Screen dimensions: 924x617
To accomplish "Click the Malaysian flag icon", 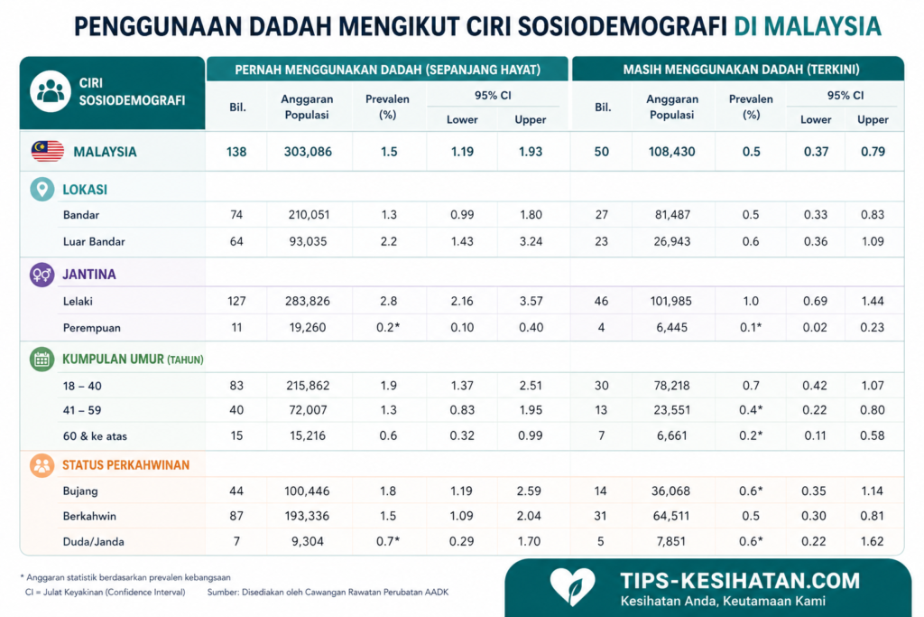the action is click(48, 152).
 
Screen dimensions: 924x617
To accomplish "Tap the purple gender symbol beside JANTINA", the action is click(42, 275).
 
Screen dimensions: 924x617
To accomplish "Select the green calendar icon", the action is click(42, 360).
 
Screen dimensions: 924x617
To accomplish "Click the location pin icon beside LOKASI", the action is click(42, 190).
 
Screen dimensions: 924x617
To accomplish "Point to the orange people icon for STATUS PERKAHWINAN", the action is click(42, 465).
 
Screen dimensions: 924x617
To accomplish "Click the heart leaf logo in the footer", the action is click(572, 585).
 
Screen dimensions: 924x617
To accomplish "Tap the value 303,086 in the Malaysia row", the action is click(308, 152).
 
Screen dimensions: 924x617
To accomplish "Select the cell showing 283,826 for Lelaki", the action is click(308, 301).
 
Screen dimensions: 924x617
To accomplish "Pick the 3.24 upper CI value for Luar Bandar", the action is click(531, 241).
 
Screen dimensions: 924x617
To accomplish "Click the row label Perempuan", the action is click(92, 328).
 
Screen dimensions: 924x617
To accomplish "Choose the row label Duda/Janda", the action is click(94, 541).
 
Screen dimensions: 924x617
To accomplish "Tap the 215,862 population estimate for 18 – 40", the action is click(308, 386).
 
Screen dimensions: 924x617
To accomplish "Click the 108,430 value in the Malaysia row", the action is click(671, 152).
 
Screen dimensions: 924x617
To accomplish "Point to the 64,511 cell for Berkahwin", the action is click(671, 516).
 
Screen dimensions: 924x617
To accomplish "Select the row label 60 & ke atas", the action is click(95, 436).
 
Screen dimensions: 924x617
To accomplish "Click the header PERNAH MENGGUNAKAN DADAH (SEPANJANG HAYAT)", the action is click(388, 70).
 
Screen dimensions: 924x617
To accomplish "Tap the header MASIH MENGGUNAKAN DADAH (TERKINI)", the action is click(742, 70).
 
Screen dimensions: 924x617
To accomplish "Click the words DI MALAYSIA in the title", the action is click(808, 26).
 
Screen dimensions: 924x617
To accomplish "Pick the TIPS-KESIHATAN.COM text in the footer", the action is click(740, 581).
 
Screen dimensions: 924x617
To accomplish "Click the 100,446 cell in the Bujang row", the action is click(307, 491).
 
